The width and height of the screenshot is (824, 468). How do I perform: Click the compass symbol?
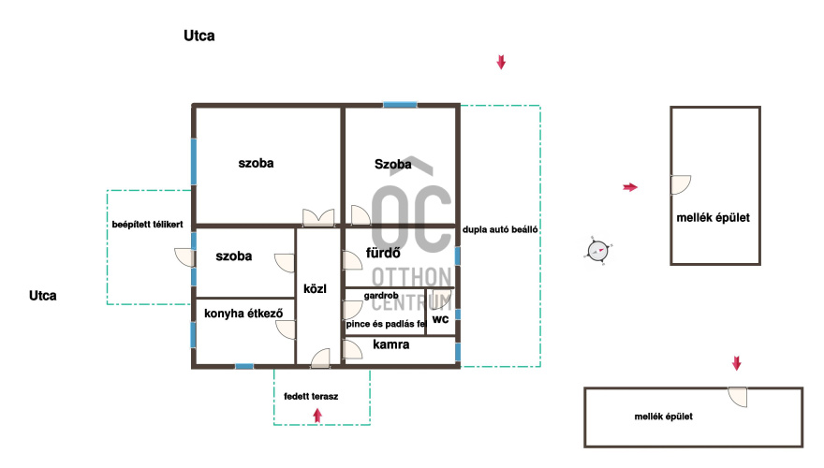click(598, 251)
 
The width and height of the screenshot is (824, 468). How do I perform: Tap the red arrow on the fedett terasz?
click(317, 416)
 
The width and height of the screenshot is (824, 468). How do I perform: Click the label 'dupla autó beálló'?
click(500, 229)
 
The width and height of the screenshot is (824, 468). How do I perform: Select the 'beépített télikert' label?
click(147, 225)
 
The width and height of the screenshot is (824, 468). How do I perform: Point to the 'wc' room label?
click(440, 319)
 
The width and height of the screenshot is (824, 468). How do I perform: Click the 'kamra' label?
click(391, 344)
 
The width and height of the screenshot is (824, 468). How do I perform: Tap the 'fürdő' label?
click(383, 253)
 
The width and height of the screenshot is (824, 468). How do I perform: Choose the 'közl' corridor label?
click(315, 289)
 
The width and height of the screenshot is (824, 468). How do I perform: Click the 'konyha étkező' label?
click(243, 314)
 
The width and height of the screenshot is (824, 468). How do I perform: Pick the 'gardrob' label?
click(381, 296)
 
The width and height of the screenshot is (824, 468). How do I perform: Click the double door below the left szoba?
click(318, 217)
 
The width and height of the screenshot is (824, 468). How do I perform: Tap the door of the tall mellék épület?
click(681, 185)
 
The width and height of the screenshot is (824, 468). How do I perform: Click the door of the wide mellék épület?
click(737, 397)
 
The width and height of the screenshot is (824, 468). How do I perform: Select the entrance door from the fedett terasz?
click(320, 358)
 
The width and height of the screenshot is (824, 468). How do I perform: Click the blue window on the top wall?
click(400, 105)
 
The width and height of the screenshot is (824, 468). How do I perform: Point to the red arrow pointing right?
click(630, 187)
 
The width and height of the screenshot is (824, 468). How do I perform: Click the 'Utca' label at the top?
click(199, 36)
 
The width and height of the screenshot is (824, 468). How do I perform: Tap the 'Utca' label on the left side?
click(42, 296)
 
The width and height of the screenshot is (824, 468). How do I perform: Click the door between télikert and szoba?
click(184, 257)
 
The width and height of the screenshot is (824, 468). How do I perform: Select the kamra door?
click(353, 349)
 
